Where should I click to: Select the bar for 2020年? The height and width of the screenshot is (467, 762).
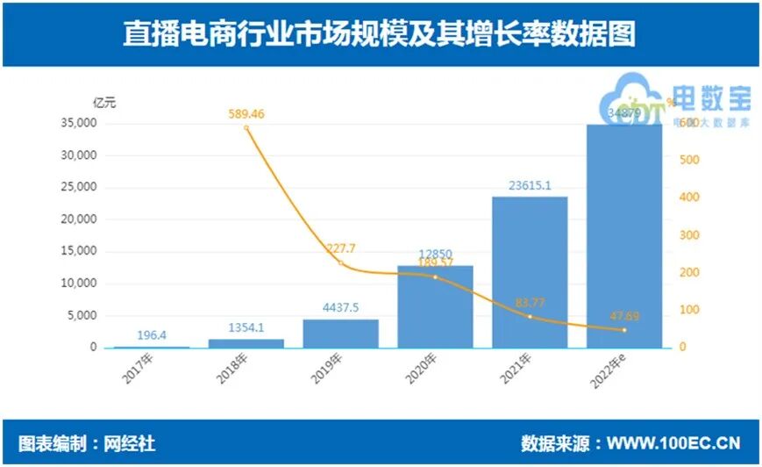pyautogui.click(x=435, y=307)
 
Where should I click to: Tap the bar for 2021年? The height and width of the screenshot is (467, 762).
pyautogui.click(x=530, y=272)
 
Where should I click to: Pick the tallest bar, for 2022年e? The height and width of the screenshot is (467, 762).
pyautogui.click(x=623, y=237)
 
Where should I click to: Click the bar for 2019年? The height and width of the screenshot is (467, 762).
pyautogui.click(x=341, y=334)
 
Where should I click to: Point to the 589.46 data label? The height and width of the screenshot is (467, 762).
pyautogui.click(x=246, y=113)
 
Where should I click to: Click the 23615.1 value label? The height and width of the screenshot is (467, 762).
pyautogui.click(x=530, y=185)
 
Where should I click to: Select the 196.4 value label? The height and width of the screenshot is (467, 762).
pyautogui.click(x=153, y=335)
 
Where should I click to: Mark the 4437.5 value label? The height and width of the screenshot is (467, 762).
pyautogui.click(x=341, y=308)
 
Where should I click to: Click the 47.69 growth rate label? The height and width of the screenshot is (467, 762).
pyautogui.click(x=623, y=315)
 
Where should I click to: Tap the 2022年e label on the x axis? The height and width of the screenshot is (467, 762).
pyautogui.click(x=609, y=371)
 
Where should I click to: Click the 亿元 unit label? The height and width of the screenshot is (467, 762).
pyautogui.click(x=104, y=102)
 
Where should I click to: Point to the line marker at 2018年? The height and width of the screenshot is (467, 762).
pyautogui.click(x=246, y=128)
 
